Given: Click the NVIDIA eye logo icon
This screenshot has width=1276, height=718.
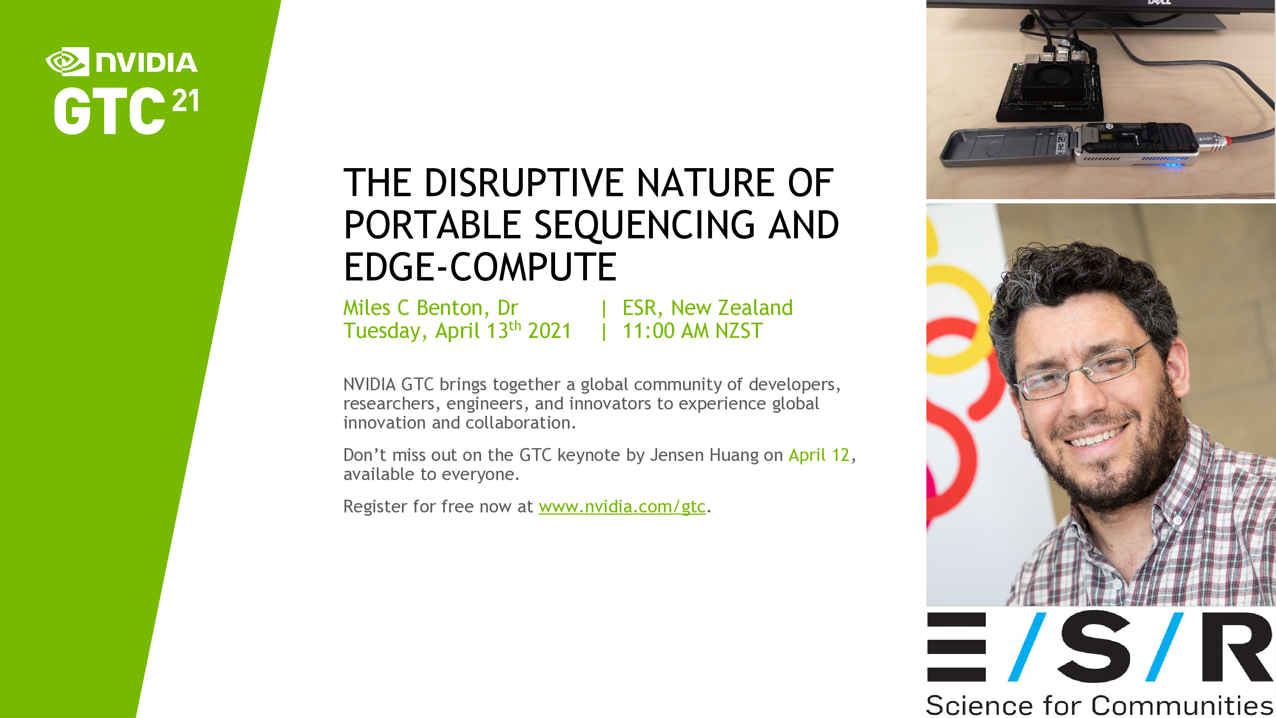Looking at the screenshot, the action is tap(67, 62).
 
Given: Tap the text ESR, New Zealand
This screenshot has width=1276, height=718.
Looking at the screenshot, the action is tap(707, 308).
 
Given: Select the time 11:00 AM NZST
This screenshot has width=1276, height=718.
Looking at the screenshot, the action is tap(692, 331).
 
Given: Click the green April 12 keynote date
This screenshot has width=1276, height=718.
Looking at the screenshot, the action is tap(819, 455).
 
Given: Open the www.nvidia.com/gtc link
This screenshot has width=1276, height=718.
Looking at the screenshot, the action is tap(622, 506).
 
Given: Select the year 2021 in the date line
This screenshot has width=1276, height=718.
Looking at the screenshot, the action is tap(550, 331).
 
